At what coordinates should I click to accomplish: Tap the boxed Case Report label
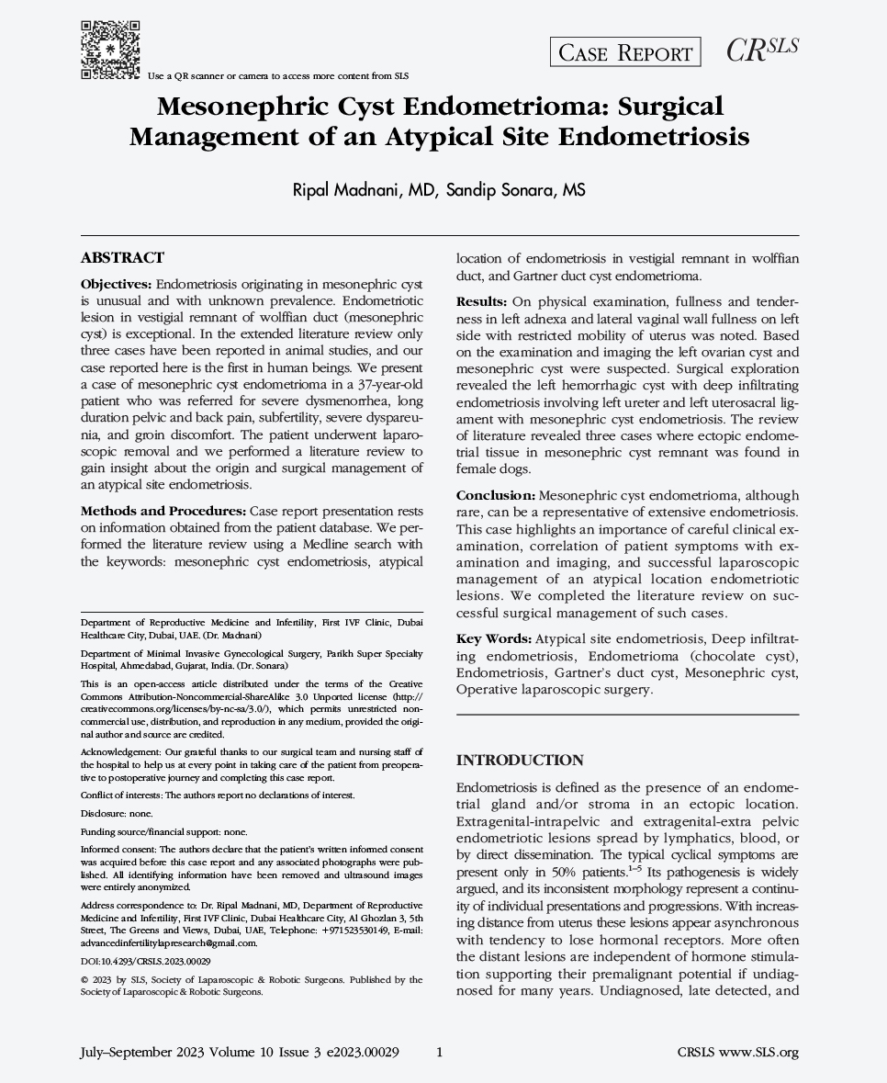coord(624,53)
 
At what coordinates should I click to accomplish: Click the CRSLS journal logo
coord(762,51)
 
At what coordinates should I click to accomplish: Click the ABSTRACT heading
coord(122,258)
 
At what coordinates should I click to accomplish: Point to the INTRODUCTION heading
coord(520,760)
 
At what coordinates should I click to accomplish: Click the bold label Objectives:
coord(117,285)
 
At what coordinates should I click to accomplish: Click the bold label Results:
coord(482,301)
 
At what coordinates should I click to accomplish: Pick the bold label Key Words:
coord(493,638)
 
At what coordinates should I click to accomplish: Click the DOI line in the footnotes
coord(146,960)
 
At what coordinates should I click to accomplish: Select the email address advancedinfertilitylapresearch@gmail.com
coord(169,942)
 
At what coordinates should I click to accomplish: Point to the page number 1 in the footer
coord(440,1053)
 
